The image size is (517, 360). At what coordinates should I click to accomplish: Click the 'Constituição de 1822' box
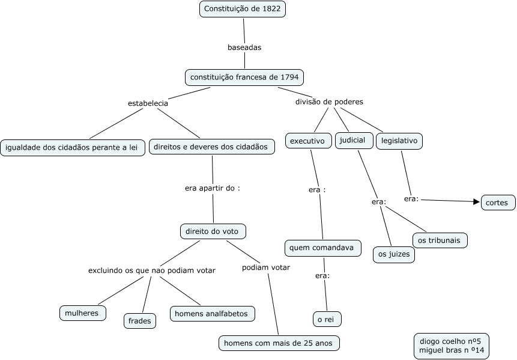pos(243,9)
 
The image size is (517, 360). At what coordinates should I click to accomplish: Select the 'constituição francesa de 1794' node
pos(244,78)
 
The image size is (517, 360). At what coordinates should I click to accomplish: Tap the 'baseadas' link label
pos(244,47)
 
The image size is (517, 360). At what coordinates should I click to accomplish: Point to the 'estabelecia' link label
pos(148,103)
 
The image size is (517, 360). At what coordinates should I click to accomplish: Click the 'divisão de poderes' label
pos(329,102)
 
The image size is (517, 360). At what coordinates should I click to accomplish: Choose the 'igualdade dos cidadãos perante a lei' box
pos(73,148)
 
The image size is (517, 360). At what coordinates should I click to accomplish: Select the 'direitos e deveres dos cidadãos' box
pos(211,147)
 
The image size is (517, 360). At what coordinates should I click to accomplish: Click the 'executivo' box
pos(307,141)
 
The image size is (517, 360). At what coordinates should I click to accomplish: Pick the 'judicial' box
pos(352,140)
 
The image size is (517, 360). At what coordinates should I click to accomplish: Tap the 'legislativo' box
pos(399,141)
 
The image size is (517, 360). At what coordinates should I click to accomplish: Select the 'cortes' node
pos(498,203)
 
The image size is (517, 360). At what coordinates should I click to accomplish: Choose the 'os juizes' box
pos(394,255)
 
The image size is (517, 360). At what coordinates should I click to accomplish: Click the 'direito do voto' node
pos(213,231)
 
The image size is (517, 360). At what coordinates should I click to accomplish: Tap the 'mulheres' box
pos(83,313)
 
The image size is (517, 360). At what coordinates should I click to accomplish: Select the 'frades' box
pos(140,321)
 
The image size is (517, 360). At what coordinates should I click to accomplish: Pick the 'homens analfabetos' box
pos(213,313)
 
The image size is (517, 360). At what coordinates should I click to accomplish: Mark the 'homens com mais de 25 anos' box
pos(279,343)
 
